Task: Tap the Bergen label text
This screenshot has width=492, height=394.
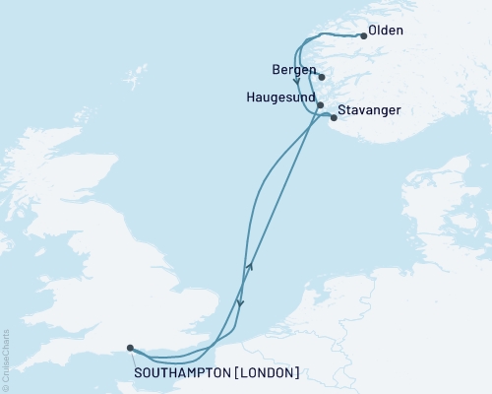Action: (x=293, y=71)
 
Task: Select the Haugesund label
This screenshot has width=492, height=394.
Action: (x=279, y=98)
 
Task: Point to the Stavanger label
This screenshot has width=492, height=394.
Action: (x=369, y=110)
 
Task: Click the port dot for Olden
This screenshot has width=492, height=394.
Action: (x=364, y=36)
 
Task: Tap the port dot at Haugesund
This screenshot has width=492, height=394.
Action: (x=321, y=103)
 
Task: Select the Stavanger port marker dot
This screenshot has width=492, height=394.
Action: (x=334, y=119)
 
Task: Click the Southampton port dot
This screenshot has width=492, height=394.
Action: (x=130, y=347)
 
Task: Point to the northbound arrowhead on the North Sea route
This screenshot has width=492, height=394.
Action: (x=249, y=266)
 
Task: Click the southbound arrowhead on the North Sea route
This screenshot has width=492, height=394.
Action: (x=241, y=303)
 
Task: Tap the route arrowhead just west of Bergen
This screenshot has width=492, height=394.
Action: (x=296, y=82)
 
